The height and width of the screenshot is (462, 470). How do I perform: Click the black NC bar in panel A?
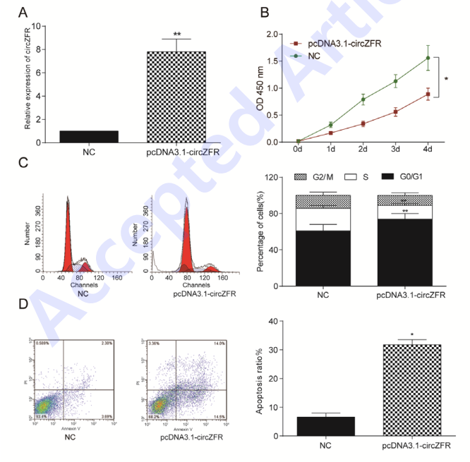coord(89,136)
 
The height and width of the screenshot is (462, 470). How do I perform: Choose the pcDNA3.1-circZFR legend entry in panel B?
coord(342,43)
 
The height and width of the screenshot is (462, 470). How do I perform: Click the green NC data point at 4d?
coord(427,59)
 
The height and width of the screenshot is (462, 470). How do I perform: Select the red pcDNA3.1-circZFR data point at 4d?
coord(427,94)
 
